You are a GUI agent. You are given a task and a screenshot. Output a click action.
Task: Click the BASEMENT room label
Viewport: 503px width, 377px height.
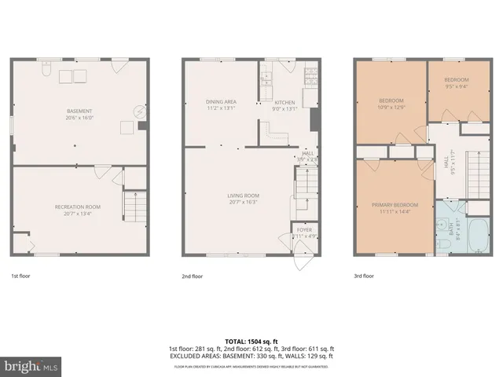(79, 112)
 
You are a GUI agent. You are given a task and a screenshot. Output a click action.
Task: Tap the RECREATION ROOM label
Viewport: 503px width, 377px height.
(80, 207)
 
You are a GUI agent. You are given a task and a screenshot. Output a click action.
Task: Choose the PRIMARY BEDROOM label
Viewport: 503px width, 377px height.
(395, 205)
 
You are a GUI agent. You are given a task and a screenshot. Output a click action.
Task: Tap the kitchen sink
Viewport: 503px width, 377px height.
(266, 79)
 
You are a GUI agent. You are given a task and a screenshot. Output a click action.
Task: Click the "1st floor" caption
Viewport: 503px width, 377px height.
(20, 276)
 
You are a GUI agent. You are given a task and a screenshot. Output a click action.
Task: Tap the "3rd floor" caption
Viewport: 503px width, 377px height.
(364, 276)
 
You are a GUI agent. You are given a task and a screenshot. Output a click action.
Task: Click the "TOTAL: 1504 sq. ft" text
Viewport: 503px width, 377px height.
(251, 340)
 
